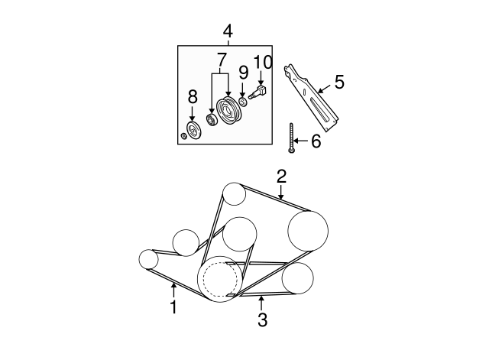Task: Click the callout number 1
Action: click(x=173, y=308)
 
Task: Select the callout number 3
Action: click(x=262, y=320)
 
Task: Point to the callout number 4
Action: click(x=228, y=31)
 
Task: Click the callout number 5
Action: click(x=339, y=82)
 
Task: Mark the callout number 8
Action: click(x=193, y=97)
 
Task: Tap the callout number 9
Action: click(x=243, y=73)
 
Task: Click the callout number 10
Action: click(x=262, y=62)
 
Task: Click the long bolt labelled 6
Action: click(x=292, y=138)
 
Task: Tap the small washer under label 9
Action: click(x=242, y=102)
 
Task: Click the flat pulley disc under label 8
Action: click(x=193, y=131)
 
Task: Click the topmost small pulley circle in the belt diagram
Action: click(x=234, y=194)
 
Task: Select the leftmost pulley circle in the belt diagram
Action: click(x=148, y=259)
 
